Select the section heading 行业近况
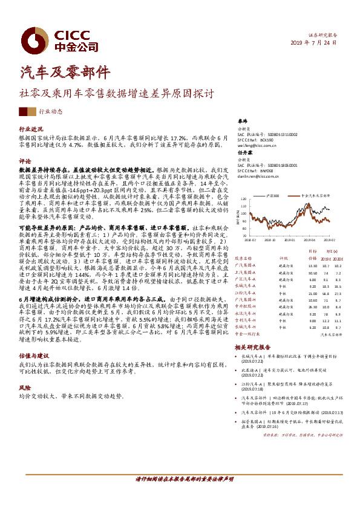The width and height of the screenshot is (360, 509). pos(31,129)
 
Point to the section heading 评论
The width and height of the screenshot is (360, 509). pos(24,161)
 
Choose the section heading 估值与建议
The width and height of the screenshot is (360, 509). pos(31,357)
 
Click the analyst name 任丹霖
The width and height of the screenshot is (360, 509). pos(244,153)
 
